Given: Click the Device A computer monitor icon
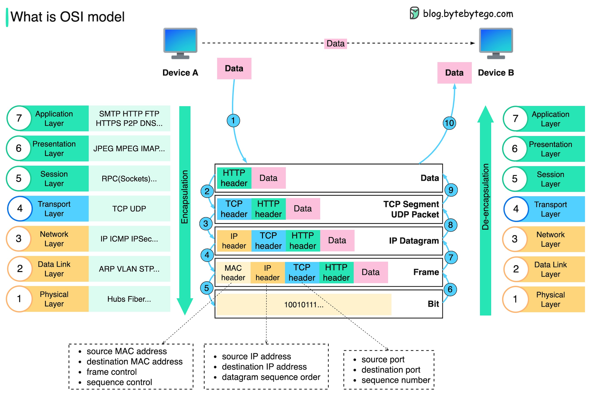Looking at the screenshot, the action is [x=180, y=43].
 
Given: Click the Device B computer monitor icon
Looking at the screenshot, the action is [x=496, y=43].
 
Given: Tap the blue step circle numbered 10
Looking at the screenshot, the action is [x=449, y=123].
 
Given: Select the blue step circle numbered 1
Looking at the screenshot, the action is [x=233, y=120].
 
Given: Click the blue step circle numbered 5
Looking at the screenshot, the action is [x=207, y=288].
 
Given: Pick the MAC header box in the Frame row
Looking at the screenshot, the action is [x=233, y=272].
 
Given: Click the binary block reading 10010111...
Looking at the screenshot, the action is [x=304, y=305].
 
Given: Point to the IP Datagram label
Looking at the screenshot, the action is [x=414, y=241].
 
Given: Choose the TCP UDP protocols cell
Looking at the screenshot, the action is [x=129, y=209].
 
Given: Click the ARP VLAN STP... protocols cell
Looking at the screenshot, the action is [x=129, y=269].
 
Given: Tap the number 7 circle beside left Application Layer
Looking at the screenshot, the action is [x=19, y=118].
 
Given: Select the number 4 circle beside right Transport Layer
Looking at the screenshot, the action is [x=516, y=209].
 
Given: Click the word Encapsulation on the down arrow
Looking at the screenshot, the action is [x=185, y=197].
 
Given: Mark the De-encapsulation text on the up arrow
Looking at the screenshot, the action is [x=485, y=197].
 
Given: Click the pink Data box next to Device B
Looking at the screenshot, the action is [x=454, y=73].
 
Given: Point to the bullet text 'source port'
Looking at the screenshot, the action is [x=383, y=360].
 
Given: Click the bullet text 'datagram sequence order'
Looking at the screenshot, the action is [x=271, y=377].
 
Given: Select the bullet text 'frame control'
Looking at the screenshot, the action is [x=112, y=372].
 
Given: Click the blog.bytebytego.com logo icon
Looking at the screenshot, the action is [x=415, y=13].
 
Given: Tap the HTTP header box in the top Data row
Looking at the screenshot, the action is [x=234, y=178].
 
